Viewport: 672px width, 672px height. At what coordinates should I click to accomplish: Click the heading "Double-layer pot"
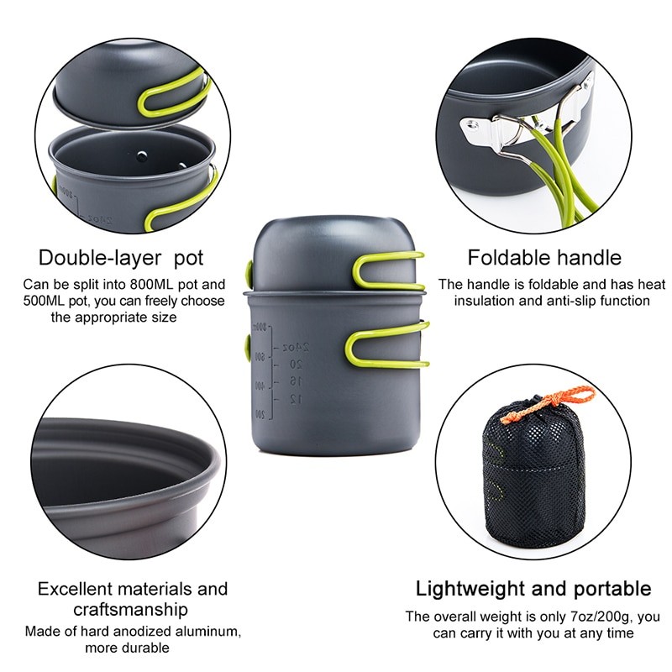coord(121,257)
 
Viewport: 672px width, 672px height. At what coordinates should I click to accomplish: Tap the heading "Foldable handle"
coord(544,257)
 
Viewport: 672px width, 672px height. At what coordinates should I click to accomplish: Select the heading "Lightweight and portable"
coord(533,588)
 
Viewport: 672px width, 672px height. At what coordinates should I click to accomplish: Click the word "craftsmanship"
coord(132,610)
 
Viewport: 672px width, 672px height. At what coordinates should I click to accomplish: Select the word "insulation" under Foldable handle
coord(486,300)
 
